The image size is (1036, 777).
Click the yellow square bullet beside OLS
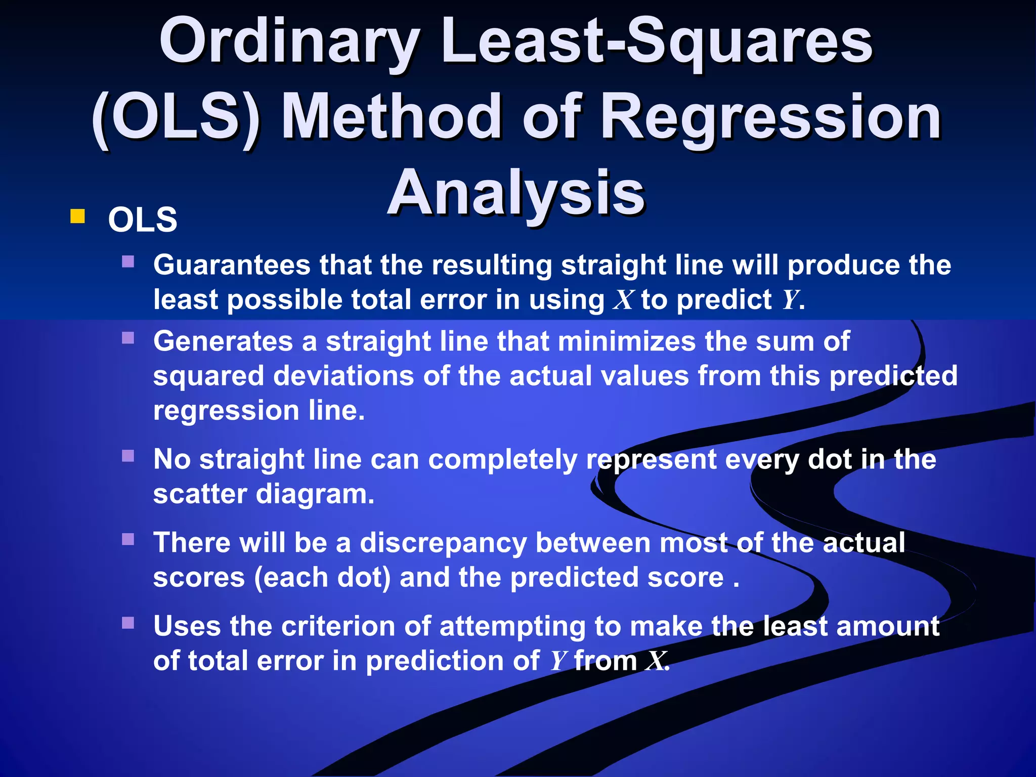click(x=77, y=217)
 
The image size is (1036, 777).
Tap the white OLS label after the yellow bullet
click(x=143, y=220)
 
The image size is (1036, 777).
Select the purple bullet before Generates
click(x=128, y=337)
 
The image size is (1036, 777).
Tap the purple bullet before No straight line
click(x=128, y=456)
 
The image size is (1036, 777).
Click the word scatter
click(x=200, y=494)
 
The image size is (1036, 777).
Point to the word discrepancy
click(x=443, y=543)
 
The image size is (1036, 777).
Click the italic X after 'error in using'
click(x=623, y=300)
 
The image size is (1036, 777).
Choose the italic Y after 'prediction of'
click(x=558, y=661)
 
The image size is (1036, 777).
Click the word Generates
click(x=223, y=341)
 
